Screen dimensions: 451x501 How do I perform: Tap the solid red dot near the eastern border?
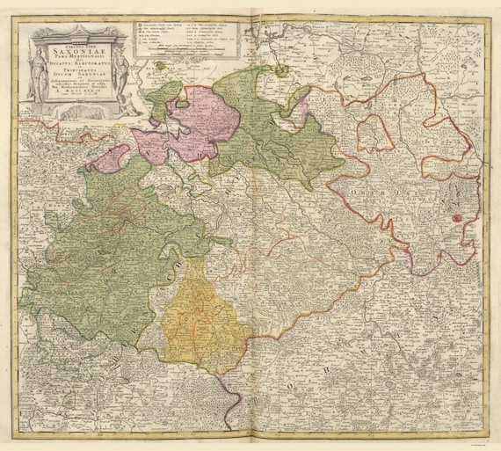pyautogui.click(x=456, y=217)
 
